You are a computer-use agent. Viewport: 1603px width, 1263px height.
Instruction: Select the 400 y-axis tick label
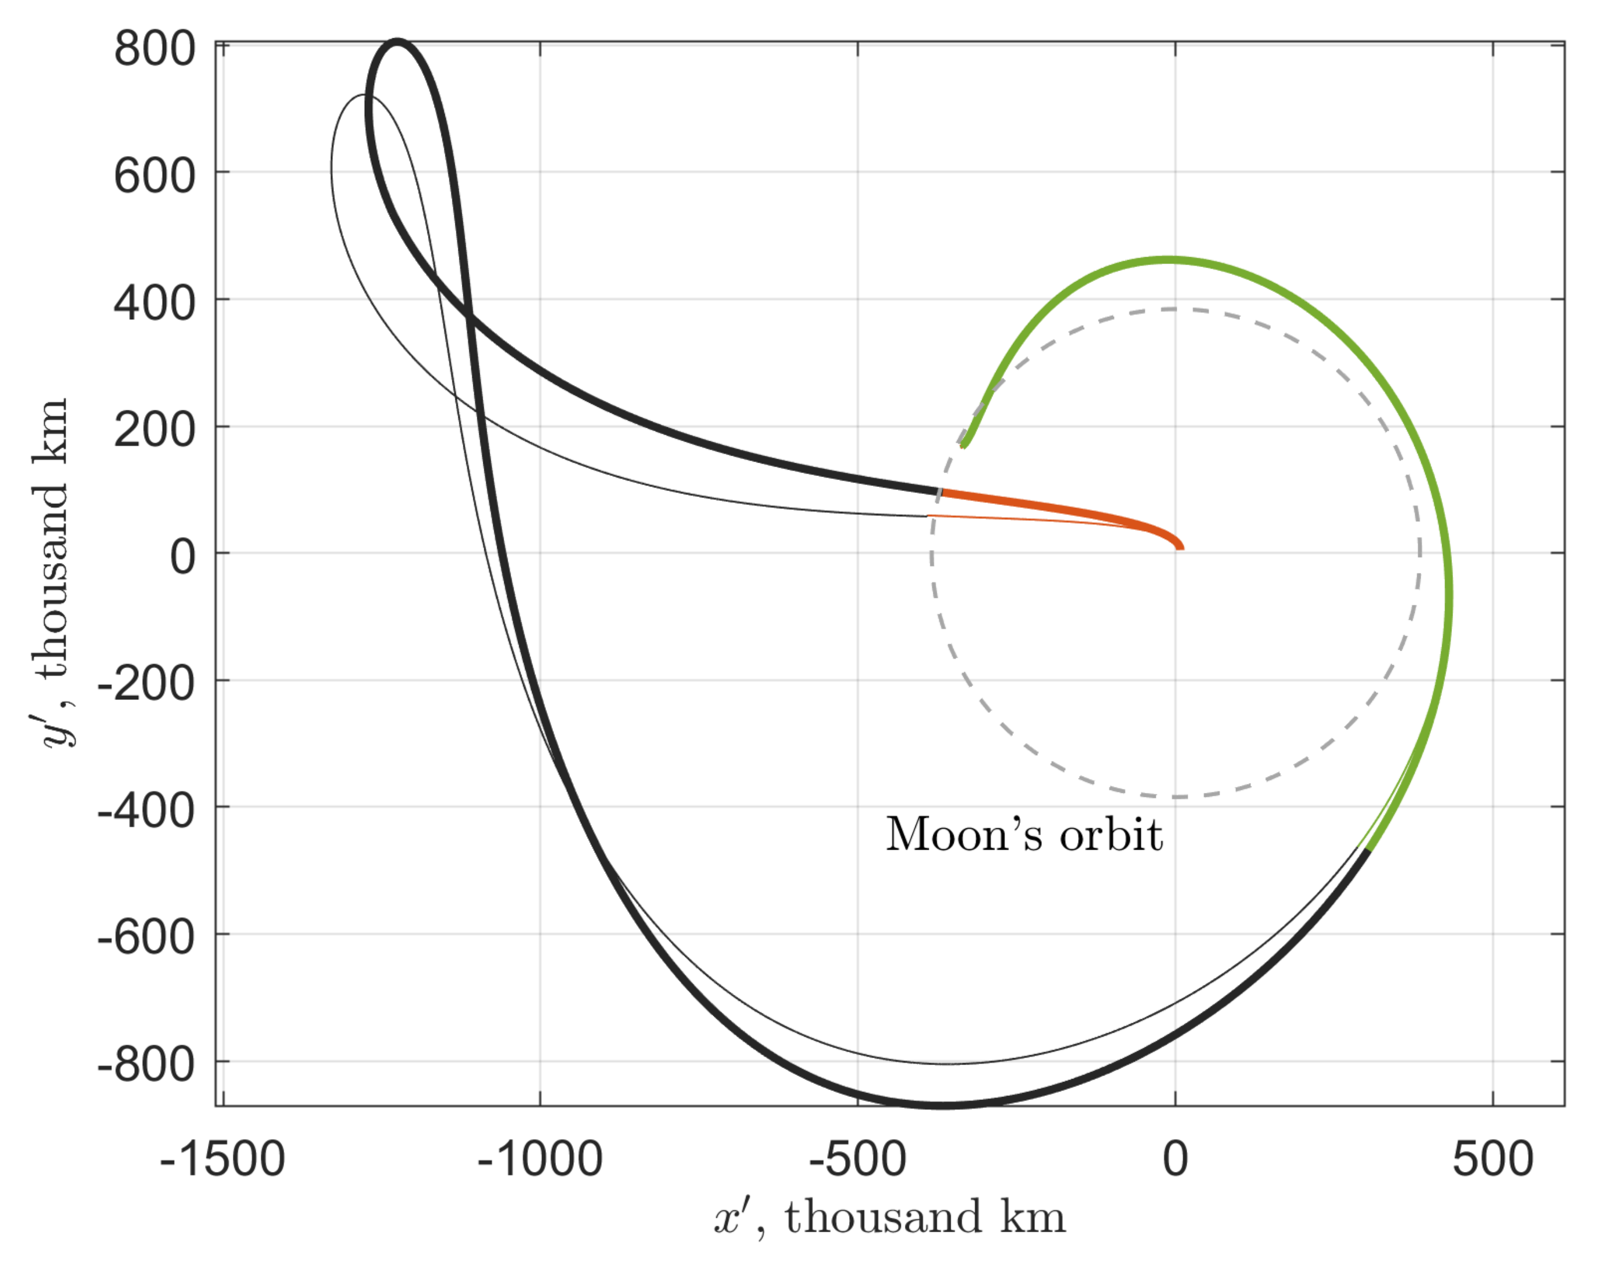click(x=154, y=304)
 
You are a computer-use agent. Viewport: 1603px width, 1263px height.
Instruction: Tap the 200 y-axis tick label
click(x=154, y=430)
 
